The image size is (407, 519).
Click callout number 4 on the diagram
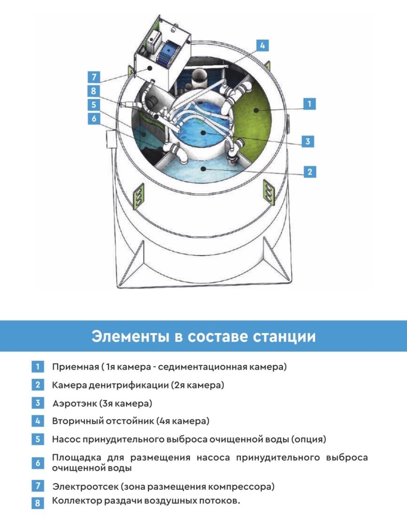(x=262, y=45)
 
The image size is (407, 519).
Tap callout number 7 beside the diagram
(x=94, y=77)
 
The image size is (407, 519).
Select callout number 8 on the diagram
(x=94, y=91)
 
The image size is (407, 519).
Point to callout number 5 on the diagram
(x=94, y=104)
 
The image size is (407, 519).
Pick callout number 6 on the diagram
(x=94, y=119)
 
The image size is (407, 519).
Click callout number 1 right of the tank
(x=309, y=103)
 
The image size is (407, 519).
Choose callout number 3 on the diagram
(x=308, y=141)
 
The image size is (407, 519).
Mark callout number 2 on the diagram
(x=310, y=171)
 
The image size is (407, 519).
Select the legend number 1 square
(x=38, y=366)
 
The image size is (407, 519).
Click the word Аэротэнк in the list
(x=74, y=403)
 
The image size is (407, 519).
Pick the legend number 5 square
(x=38, y=439)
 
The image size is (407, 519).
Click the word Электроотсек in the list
(x=85, y=487)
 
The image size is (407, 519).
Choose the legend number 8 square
(x=38, y=503)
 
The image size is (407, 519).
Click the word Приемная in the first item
(x=75, y=367)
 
